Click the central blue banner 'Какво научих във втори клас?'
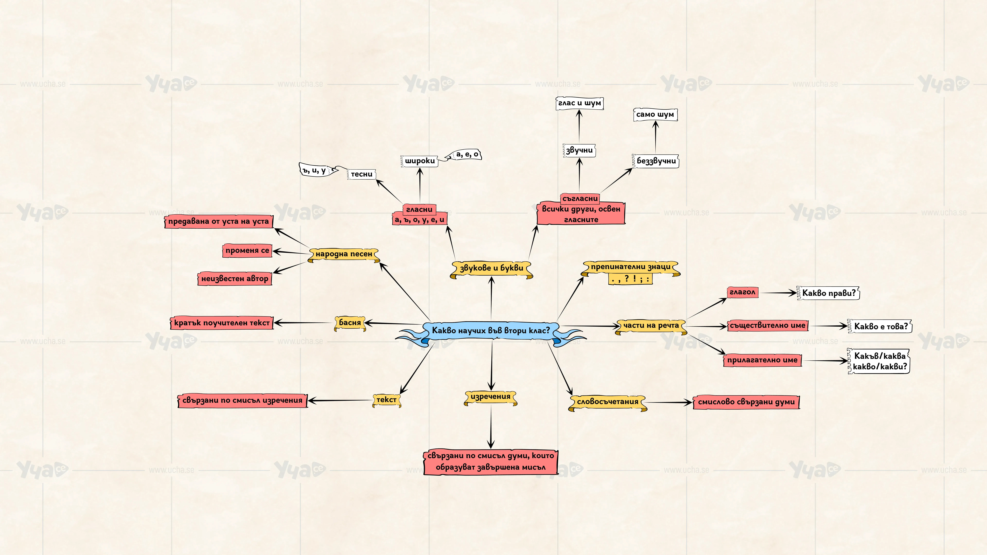pos(491,331)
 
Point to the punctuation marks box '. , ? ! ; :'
pos(630,279)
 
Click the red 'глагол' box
pos(742,292)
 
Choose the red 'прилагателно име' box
pos(762,360)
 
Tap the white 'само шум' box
pos(655,115)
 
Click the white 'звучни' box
pos(579,151)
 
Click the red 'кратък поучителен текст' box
pos(222,323)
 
